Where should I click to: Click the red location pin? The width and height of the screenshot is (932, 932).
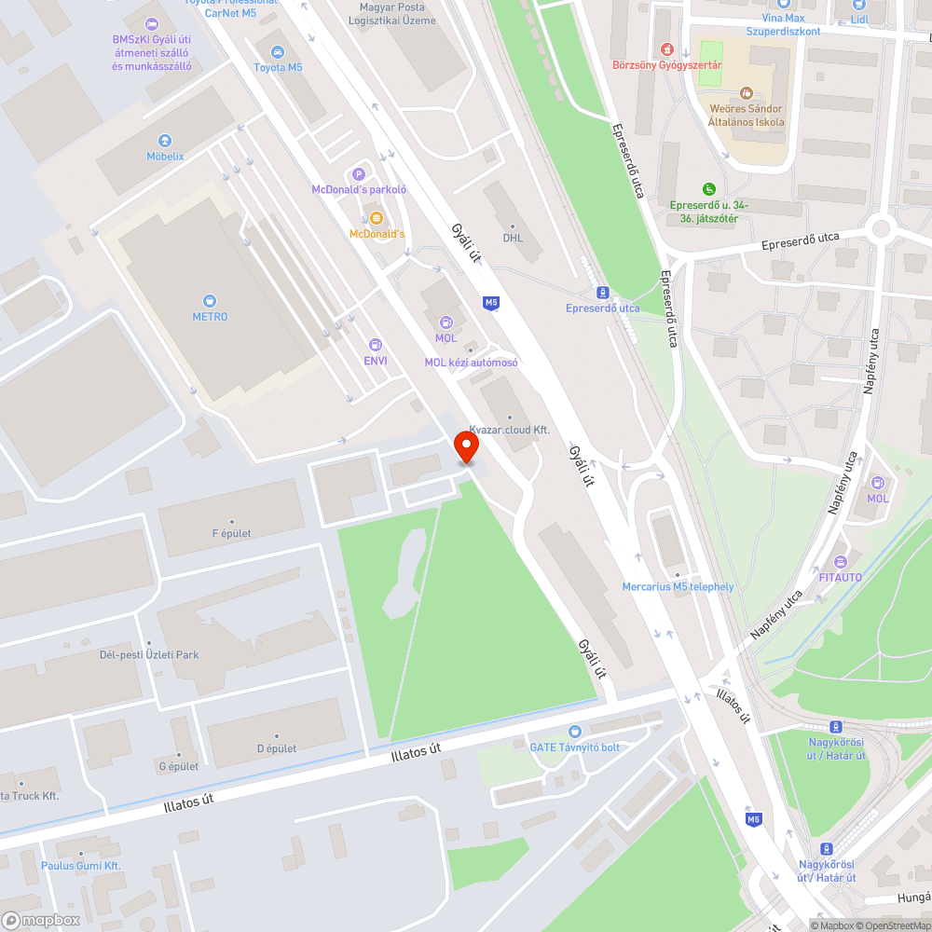(x=465, y=447)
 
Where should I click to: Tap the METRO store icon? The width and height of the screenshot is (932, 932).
(x=210, y=300)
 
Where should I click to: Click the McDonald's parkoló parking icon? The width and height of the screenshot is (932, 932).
(x=359, y=173)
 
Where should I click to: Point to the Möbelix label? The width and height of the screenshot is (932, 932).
(x=165, y=156)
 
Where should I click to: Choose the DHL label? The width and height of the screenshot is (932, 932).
(x=513, y=238)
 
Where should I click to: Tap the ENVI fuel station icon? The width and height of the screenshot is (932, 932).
(x=376, y=345)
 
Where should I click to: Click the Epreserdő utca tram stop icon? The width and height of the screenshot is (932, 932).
(x=603, y=292)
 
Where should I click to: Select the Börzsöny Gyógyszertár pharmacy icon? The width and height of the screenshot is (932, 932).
(x=666, y=48)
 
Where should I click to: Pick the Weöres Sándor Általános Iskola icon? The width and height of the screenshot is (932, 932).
(x=746, y=93)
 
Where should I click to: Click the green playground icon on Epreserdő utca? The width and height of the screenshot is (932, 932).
(x=709, y=189)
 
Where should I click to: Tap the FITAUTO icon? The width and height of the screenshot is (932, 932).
(x=841, y=561)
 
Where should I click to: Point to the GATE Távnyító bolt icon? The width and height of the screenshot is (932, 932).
(x=574, y=732)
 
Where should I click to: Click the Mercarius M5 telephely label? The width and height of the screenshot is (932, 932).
(x=678, y=586)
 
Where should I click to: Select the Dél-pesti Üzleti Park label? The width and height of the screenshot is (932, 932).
(x=149, y=654)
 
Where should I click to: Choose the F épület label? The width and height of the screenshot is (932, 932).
(x=231, y=533)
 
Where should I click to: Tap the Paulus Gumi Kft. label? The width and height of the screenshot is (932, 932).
(x=81, y=866)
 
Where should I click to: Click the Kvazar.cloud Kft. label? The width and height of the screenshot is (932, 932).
(x=509, y=430)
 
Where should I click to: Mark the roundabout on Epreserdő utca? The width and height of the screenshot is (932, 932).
(x=881, y=228)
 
